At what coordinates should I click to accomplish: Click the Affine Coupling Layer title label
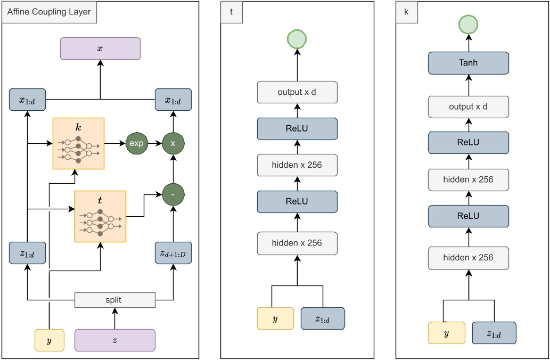[x=49, y=12]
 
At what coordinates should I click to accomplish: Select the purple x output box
[x=100, y=48]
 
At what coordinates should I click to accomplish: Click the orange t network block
[x=101, y=216]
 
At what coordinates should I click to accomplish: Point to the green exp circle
[x=136, y=144]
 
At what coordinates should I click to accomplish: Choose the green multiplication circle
[x=173, y=144]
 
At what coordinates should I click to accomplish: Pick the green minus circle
[x=173, y=195]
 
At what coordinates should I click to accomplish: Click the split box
[x=114, y=300]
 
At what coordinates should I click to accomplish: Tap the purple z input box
[x=114, y=340]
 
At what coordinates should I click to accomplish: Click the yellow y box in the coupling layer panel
[x=49, y=340]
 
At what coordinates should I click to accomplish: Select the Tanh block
[x=468, y=63]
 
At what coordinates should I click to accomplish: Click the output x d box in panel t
[x=297, y=92]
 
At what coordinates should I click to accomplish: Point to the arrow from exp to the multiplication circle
[x=154, y=144]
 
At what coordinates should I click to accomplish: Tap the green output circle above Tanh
[x=468, y=24]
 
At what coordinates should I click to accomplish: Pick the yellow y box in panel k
[x=446, y=333]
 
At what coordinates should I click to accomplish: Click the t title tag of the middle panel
[x=233, y=12]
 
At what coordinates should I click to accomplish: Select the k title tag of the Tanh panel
[x=407, y=12]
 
